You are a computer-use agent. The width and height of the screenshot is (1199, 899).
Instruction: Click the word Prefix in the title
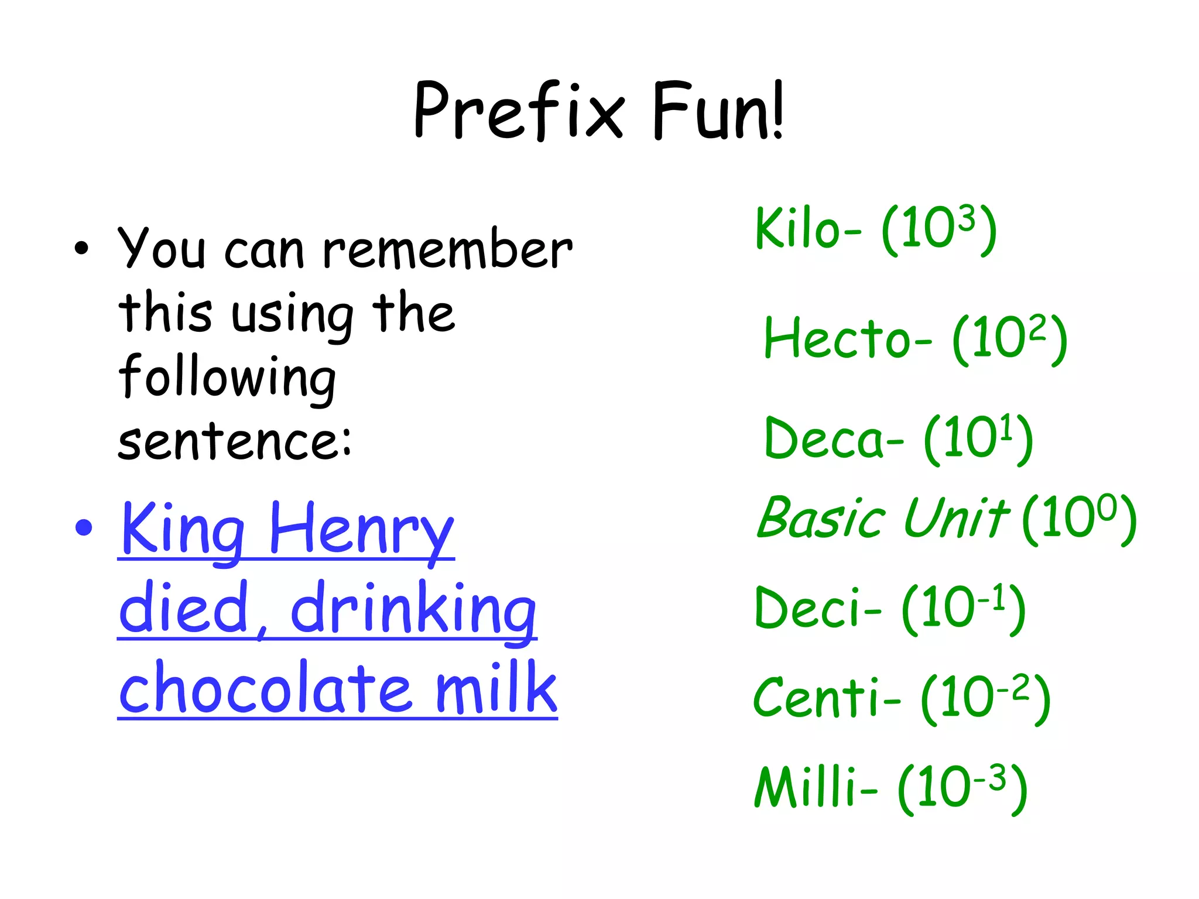[x=519, y=111]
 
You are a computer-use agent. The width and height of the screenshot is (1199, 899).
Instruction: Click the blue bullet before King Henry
[x=84, y=527]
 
